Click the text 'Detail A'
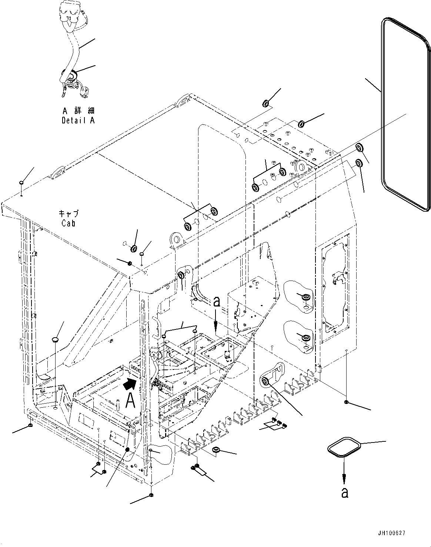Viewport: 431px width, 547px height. [x=78, y=120]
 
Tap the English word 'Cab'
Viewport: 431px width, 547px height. [x=69, y=223]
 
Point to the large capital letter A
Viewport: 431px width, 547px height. [x=130, y=401]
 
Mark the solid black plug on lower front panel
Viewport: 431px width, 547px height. [x=127, y=450]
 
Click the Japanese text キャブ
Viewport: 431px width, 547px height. [x=69, y=214]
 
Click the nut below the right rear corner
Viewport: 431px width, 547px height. [x=345, y=402]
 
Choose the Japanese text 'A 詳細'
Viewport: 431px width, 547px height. [x=78, y=111]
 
